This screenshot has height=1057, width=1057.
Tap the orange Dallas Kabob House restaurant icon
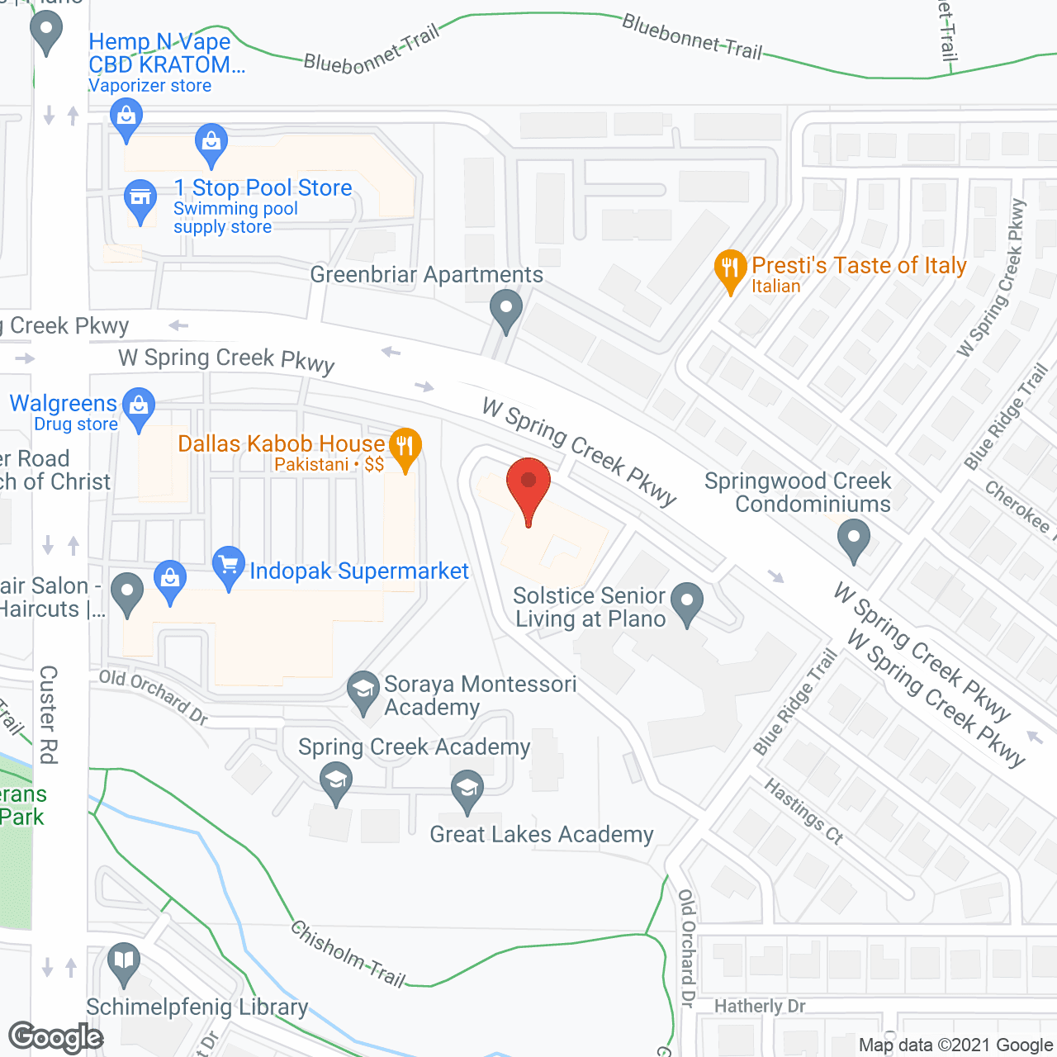[x=405, y=447]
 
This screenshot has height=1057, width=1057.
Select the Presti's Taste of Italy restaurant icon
[x=729, y=268]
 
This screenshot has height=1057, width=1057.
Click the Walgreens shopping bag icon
[x=139, y=406]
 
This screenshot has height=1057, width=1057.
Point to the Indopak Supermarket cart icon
[x=229, y=566]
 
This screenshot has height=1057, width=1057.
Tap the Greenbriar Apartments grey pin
[x=505, y=309]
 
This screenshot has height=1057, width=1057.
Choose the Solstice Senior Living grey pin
[x=686, y=601]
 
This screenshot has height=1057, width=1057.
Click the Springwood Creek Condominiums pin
[x=854, y=538]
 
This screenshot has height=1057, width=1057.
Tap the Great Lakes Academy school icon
[x=467, y=789]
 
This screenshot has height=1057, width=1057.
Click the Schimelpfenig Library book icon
[x=124, y=962]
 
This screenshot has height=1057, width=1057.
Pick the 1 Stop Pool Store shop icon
[x=140, y=198]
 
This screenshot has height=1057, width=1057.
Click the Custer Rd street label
[x=49, y=714]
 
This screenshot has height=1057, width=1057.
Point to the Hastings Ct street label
[x=803, y=811]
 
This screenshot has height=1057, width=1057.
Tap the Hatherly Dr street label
[x=760, y=1006]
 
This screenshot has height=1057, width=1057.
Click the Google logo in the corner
[x=56, y=1037]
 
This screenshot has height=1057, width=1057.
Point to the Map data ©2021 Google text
[x=955, y=1045]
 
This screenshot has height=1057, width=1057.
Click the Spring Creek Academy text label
[x=414, y=747]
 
